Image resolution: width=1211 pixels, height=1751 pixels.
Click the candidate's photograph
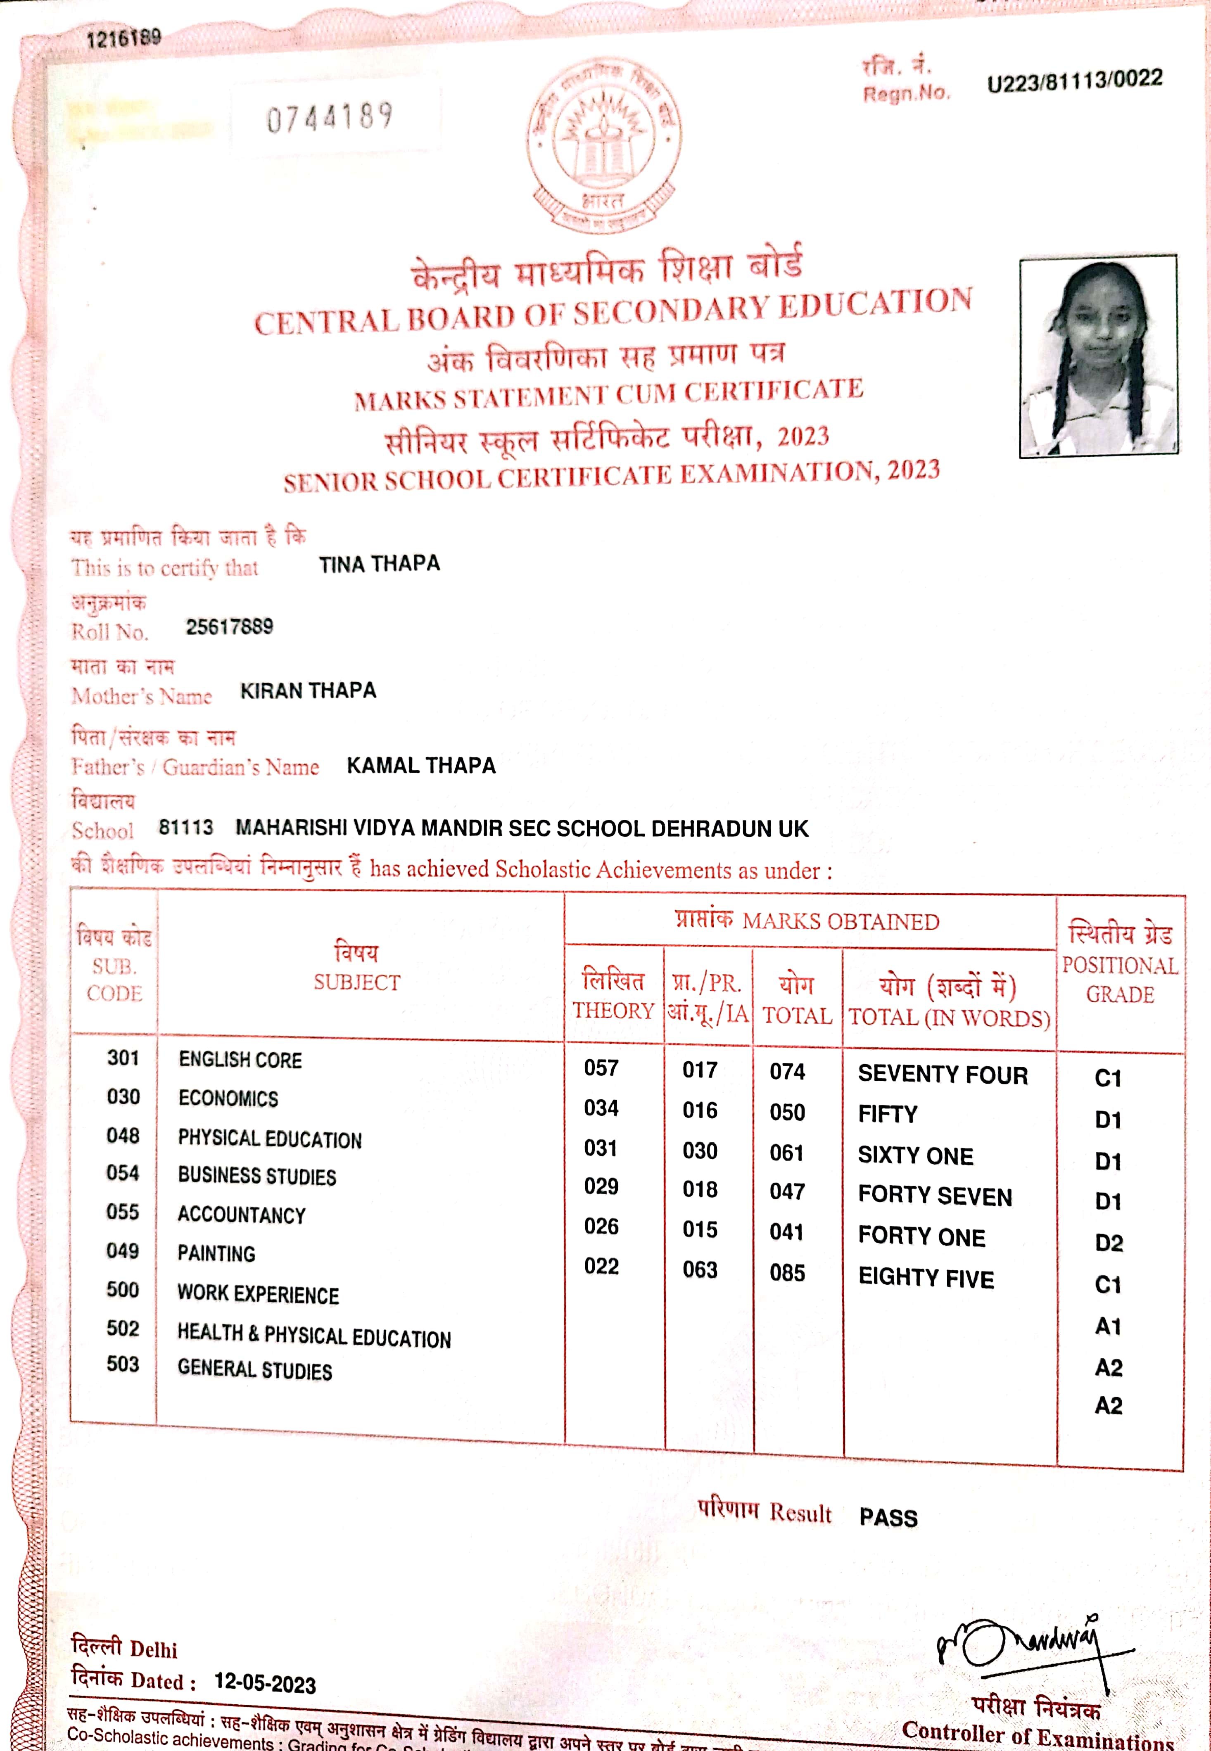[x=1098, y=356]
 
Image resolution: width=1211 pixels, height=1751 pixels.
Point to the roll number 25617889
[x=229, y=626]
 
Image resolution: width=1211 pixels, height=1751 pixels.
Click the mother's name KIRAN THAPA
[x=308, y=690]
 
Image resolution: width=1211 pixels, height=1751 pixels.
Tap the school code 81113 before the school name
[x=186, y=827]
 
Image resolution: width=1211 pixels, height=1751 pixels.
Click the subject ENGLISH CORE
[x=240, y=1059]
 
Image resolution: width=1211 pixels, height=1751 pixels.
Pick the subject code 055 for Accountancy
[x=123, y=1212]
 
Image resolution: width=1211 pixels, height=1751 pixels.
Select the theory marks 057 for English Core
[x=601, y=1068]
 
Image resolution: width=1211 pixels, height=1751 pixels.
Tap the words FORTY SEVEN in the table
[x=935, y=1196]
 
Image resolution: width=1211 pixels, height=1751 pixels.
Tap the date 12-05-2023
[x=265, y=1683]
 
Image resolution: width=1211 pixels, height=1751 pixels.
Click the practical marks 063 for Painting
[x=700, y=1269]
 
